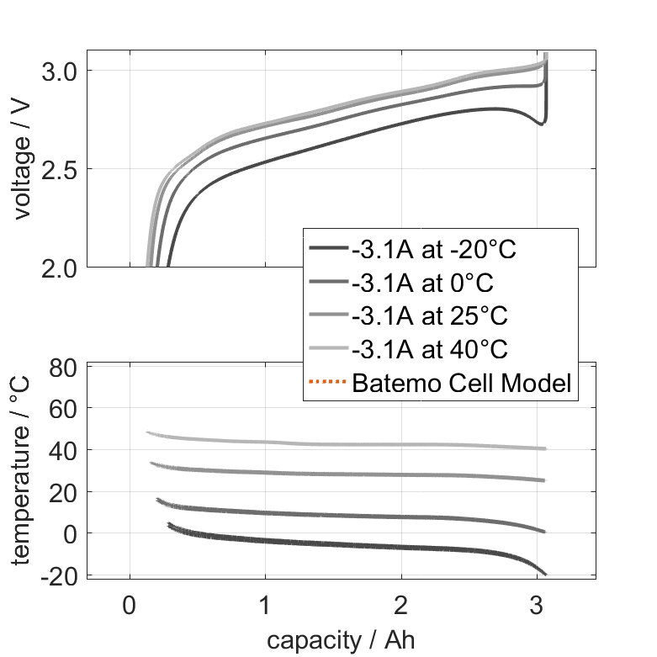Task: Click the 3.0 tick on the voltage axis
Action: click(61, 71)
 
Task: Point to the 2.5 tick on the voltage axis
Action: click(61, 169)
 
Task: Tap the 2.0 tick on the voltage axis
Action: click(61, 267)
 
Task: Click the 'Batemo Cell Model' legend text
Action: click(462, 384)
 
